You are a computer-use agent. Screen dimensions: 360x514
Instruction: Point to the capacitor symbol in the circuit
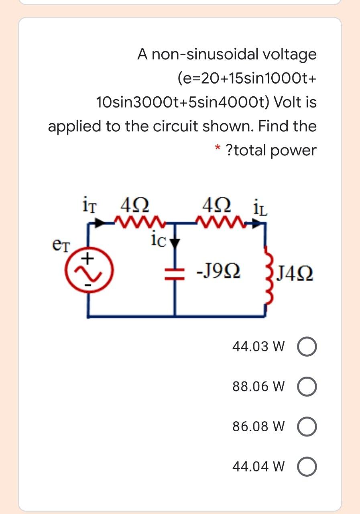175,273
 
